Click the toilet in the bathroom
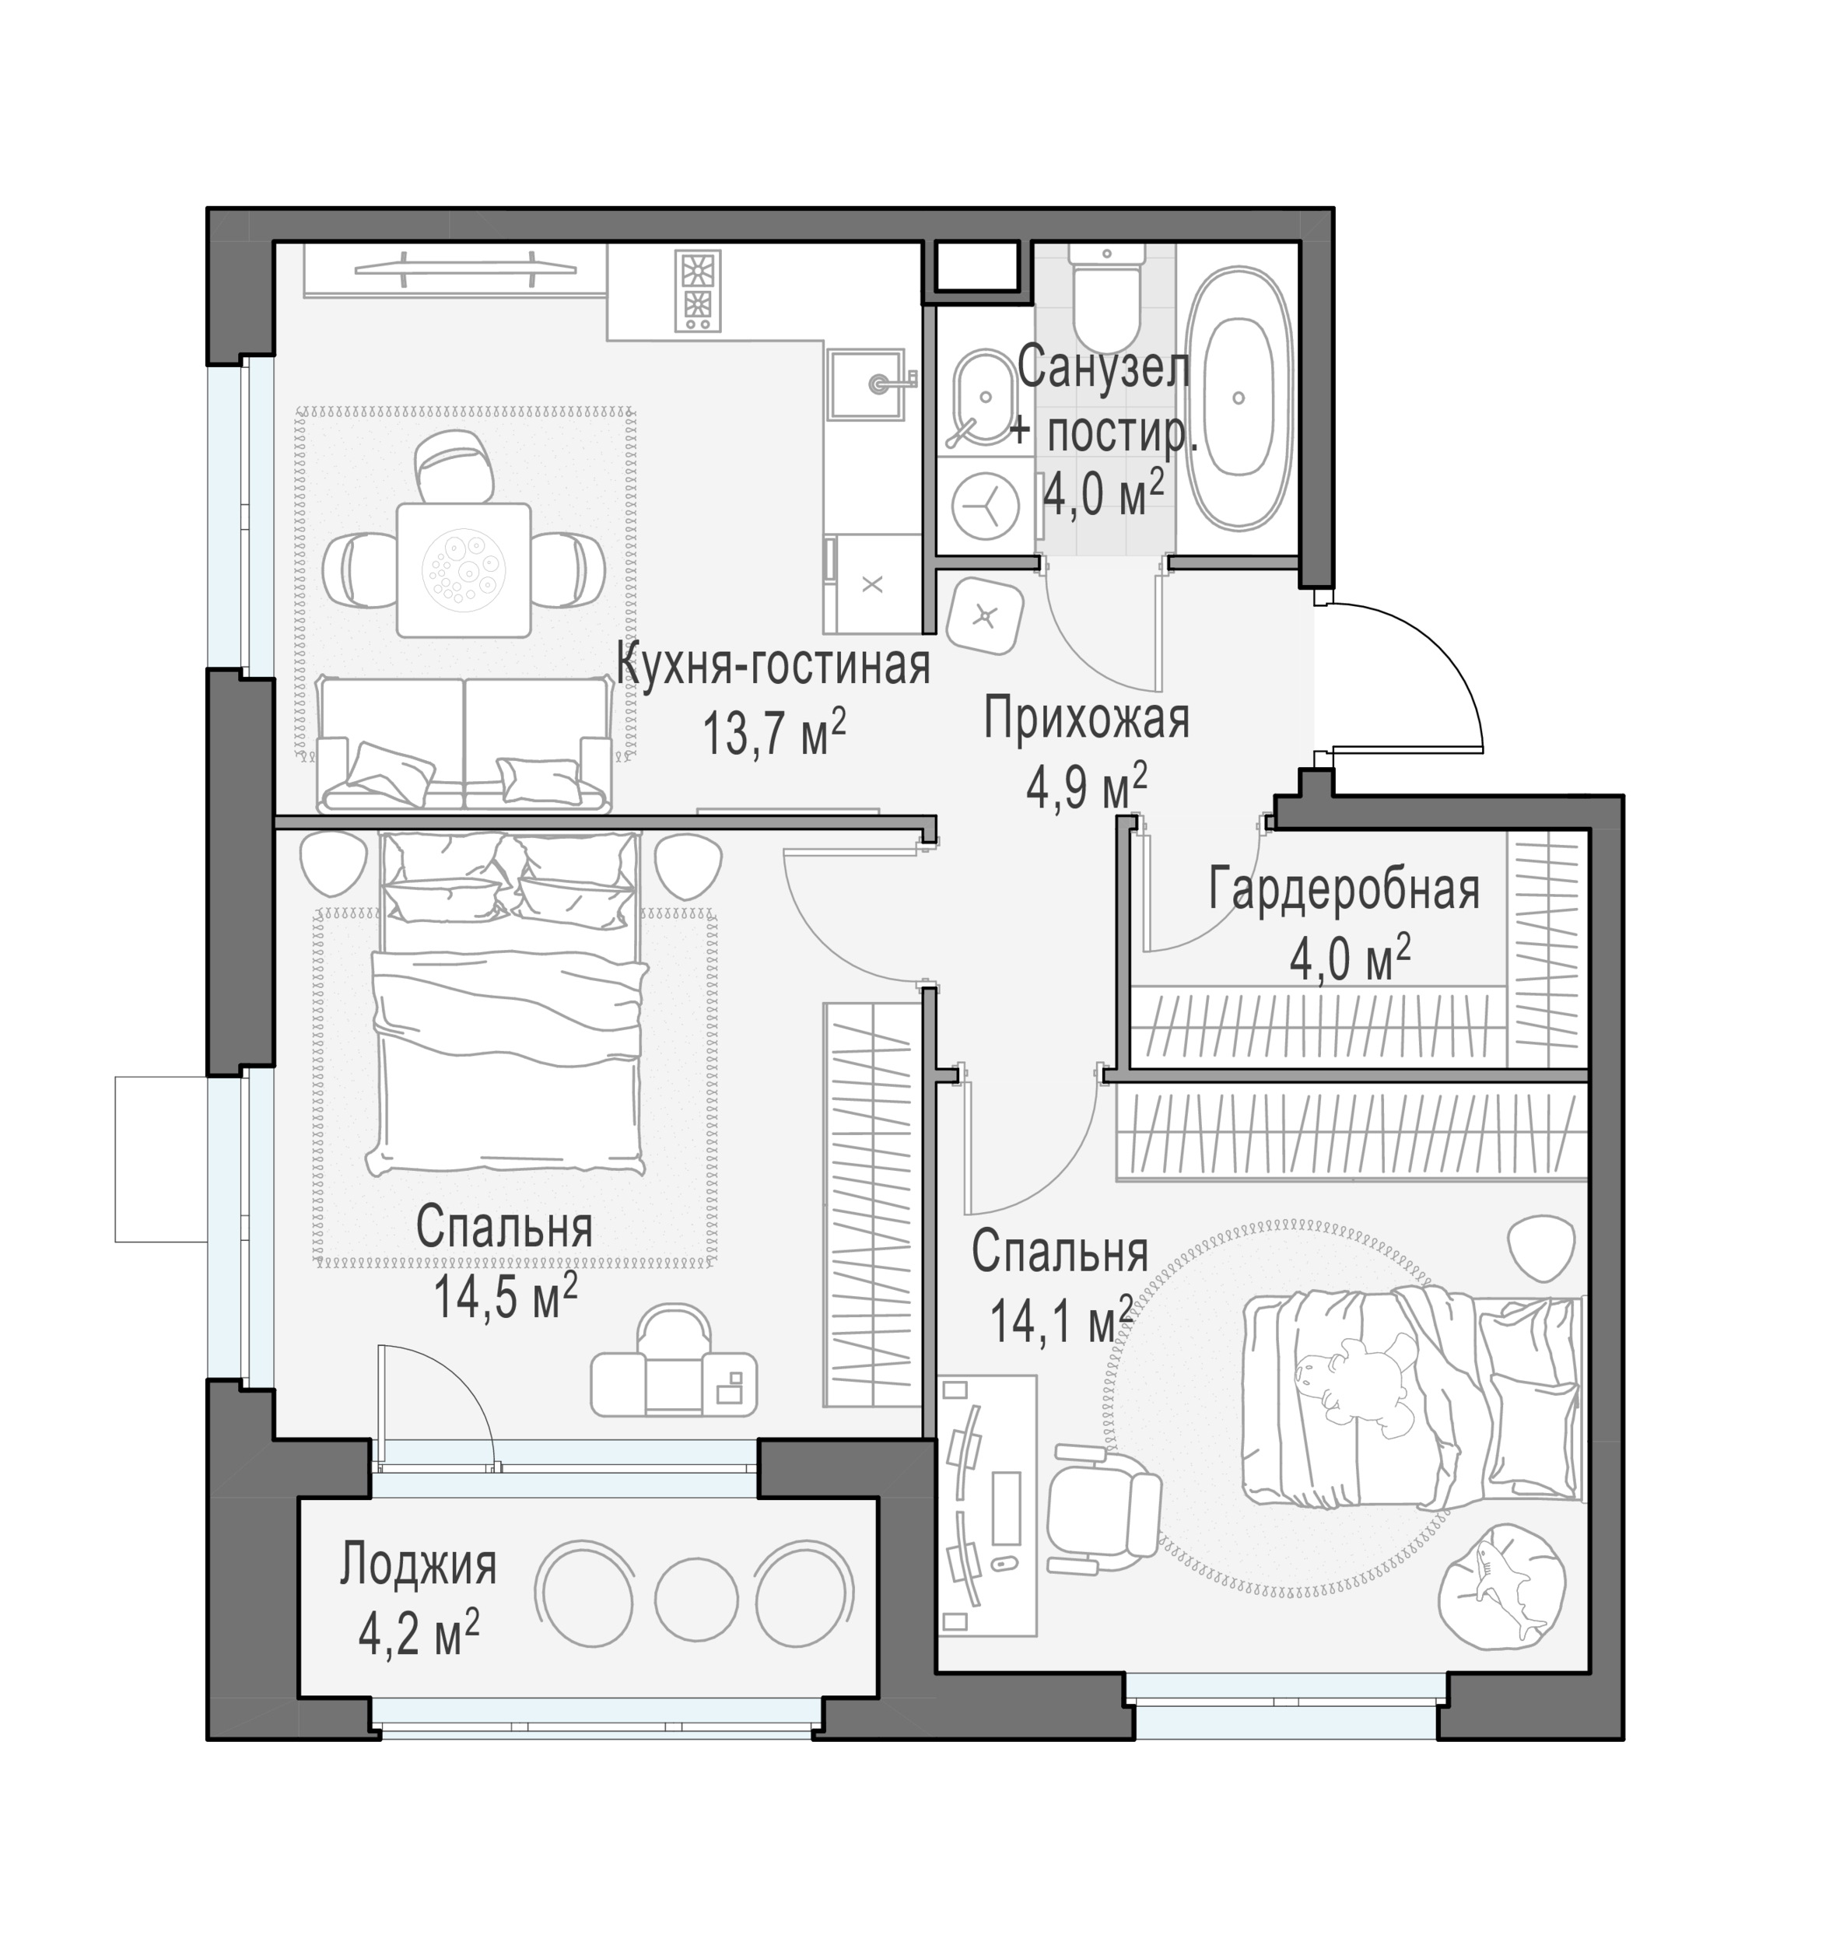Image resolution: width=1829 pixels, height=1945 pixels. point(1106,290)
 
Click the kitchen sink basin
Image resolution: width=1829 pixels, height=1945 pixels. point(868,384)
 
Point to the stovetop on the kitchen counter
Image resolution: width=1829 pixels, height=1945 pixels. point(697,289)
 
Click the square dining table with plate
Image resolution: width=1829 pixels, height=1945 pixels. point(464,569)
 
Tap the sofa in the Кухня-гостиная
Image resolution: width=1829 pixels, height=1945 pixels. point(464,745)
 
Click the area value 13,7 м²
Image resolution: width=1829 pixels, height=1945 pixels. point(773,733)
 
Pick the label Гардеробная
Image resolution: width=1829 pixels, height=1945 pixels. point(1344,890)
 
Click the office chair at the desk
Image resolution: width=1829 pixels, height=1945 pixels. point(1102,1519)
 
